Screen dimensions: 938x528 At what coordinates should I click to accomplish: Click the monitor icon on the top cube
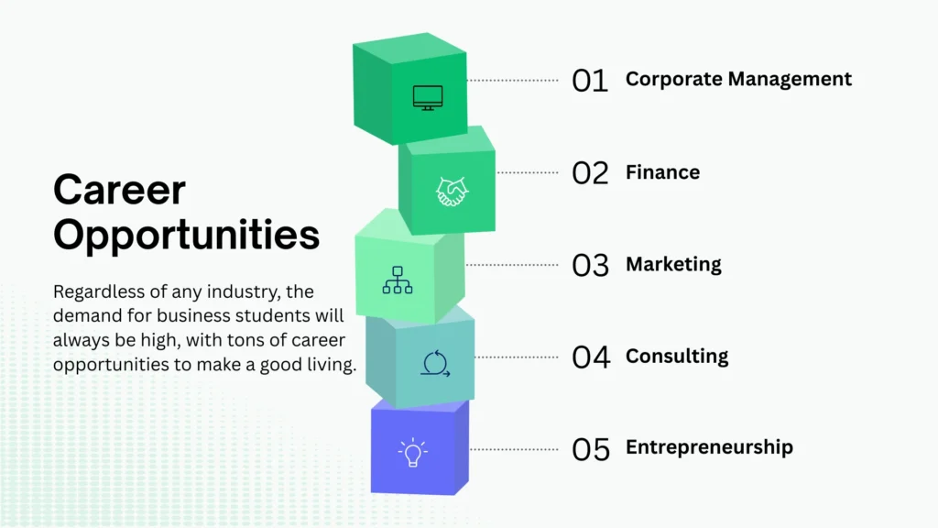tap(428, 98)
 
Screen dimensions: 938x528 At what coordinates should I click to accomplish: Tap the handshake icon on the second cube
tap(453, 192)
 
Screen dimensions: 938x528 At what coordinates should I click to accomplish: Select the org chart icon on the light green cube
tap(398, 280)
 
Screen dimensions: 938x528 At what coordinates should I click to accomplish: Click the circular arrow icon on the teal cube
tap(435, 363)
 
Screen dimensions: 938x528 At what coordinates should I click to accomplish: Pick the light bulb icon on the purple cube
tap(413, 453)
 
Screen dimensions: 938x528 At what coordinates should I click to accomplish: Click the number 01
tap(590, 81)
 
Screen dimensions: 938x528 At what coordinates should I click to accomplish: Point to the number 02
tap(591, 173)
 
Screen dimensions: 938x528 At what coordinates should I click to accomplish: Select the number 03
tap(591, 265)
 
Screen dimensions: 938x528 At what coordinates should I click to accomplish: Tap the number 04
tap(591, 357)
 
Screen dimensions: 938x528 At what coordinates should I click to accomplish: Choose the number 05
tap(591, 449)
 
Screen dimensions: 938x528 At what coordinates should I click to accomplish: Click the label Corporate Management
tap(739, 79)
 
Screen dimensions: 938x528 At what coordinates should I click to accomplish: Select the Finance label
tap(663, 172)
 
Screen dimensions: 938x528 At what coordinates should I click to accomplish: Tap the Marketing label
tap(673, 264)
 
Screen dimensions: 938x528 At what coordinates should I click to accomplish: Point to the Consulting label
tap(677, 357)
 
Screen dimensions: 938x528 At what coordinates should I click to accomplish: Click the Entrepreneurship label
tap(710, 447)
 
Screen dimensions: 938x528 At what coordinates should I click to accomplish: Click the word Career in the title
tap(120, 191)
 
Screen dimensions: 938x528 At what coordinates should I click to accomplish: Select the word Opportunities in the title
tap(187, 235)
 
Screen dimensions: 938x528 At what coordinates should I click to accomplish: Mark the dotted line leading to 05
tap(514, 449)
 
